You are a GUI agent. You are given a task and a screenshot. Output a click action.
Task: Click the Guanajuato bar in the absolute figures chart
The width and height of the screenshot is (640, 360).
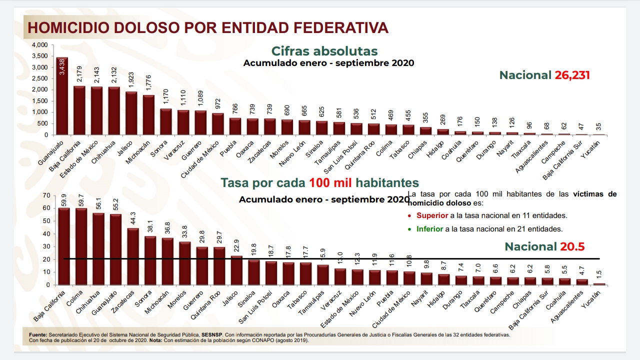62,100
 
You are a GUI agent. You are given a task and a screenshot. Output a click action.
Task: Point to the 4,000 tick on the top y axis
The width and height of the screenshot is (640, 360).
39,45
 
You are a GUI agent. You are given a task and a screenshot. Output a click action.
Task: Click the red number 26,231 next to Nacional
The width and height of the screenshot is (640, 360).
572,75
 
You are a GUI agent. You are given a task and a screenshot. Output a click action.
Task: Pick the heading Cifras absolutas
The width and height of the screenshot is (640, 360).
324,51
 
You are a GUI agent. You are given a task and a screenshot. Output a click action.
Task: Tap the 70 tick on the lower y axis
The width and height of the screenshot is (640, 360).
46,195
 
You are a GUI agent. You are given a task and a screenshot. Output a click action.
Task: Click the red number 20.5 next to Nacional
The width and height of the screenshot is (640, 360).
572,246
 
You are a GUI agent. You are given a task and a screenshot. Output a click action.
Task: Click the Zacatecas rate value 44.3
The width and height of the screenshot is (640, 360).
132,218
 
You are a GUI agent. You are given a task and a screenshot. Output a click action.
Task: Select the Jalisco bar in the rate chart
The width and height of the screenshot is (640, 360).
236,270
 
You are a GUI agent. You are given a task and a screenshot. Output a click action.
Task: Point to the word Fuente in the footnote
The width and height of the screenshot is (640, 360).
37,334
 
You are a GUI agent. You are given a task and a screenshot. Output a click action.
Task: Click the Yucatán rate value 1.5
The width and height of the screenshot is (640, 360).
598,274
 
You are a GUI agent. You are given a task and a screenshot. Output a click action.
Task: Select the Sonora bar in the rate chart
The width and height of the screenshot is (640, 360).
150,260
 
